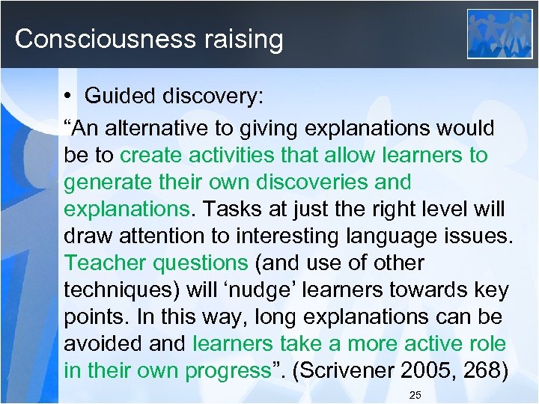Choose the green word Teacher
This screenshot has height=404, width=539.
106,263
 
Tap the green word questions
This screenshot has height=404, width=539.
200,263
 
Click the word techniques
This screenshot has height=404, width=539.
119,290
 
